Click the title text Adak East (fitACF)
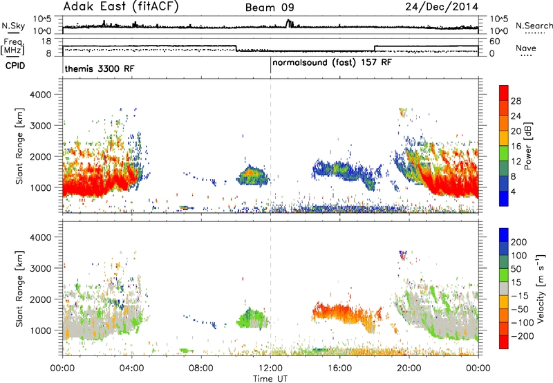pyautogui.click(x=121, y=7)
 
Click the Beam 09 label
pyautogui.click(x=270, y=8)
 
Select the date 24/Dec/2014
pyautogui.click(x=442, y=7)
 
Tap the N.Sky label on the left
pyautogui.click(x=13, y=26)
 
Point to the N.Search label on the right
pyautogui.click(x=534, y=26)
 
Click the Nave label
pyautogui.click(x=526, y=48)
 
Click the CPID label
pyautogui.click(x=15, y=66)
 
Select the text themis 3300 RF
pyautogui.click(x=100, y=68)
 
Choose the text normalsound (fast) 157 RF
pyautogui.click(x=332, y=63)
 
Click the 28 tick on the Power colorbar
pyautogui.click(x=516, y=101)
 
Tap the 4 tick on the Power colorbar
pyautogui.click(x=513, y=192)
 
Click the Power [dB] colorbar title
pyautogui.click(x=527, y=146)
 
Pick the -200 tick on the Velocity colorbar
pyautogui.click(x=521, y=336)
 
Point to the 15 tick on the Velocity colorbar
pyautogui.click(x=516, y=283)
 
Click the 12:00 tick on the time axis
pyautogui.click(x=270, y=368)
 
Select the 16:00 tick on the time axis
pyautogui.click(x=339, y=368)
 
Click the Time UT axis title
pyautogui.click(x=270, y=379)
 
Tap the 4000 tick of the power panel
pyautogui.click(x=41, y=95)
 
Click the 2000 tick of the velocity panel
pyautogui.click(x=41, y=299)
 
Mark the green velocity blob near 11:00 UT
pyautogui.click(x=252, y=318)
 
